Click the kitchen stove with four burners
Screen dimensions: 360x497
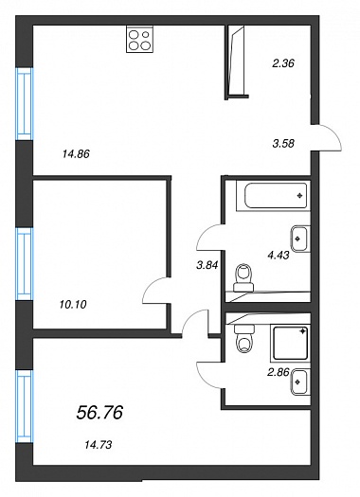(140, 39)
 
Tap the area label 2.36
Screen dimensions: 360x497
(283, 63)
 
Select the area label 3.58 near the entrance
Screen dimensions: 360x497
(283, 144)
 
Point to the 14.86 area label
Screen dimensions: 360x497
(76, 154)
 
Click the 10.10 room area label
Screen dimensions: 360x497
(73, 305)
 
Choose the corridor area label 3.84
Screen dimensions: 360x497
(207, 265)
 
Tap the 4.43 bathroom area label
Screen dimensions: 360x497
(279, 255)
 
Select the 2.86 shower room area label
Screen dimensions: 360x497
(279, 372)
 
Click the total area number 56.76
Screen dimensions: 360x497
(99, 413)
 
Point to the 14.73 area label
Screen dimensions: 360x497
(99, 445)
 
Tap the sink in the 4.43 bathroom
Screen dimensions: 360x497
(300, 239)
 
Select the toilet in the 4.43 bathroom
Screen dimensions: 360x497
(243, 277)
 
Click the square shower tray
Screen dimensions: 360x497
(290, 343)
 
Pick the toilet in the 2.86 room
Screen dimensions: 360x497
(243, 339)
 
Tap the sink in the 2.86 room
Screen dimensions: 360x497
(300, 382)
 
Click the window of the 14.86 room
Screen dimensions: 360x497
(25, 104)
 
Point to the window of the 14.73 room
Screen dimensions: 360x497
(25, 407)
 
